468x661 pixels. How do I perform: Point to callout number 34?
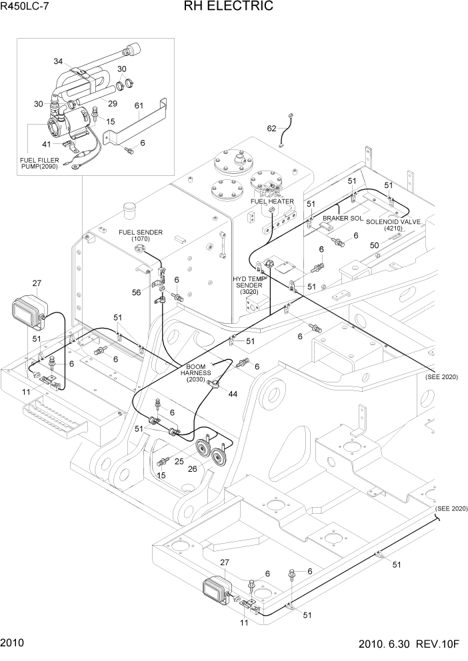click(x=59, y=61)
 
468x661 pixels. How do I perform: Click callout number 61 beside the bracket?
click(x=139, y=105)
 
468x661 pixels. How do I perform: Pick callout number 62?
click(x=271, y=128)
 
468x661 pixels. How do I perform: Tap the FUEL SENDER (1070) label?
click(x=141, y=235)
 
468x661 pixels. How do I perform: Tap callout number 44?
click(x=233, y=394)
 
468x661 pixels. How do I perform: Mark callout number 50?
click(x=375, y=246)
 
